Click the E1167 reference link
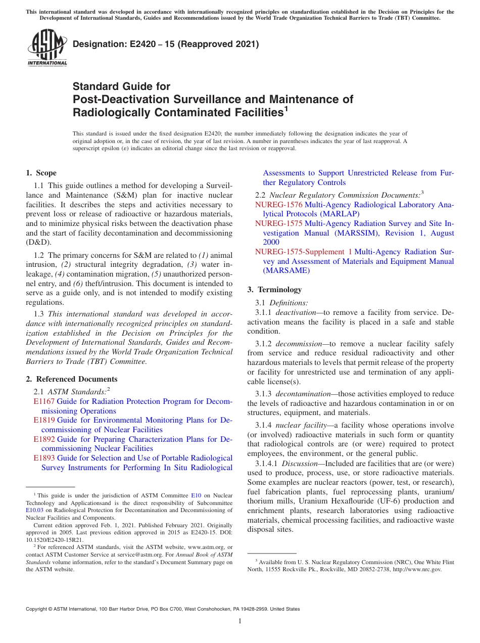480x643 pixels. [x=44, y=401]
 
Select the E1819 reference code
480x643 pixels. [x=44, y=420]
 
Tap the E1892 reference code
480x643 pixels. [x=44, y=439]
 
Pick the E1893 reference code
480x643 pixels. [x=44, y=458]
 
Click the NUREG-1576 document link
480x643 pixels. [x=278, y=205]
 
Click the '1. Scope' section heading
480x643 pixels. [x=41, y=173]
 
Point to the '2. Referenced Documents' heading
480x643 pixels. [x=72, y=379]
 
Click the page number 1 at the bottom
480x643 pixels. [x=240, y=621]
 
